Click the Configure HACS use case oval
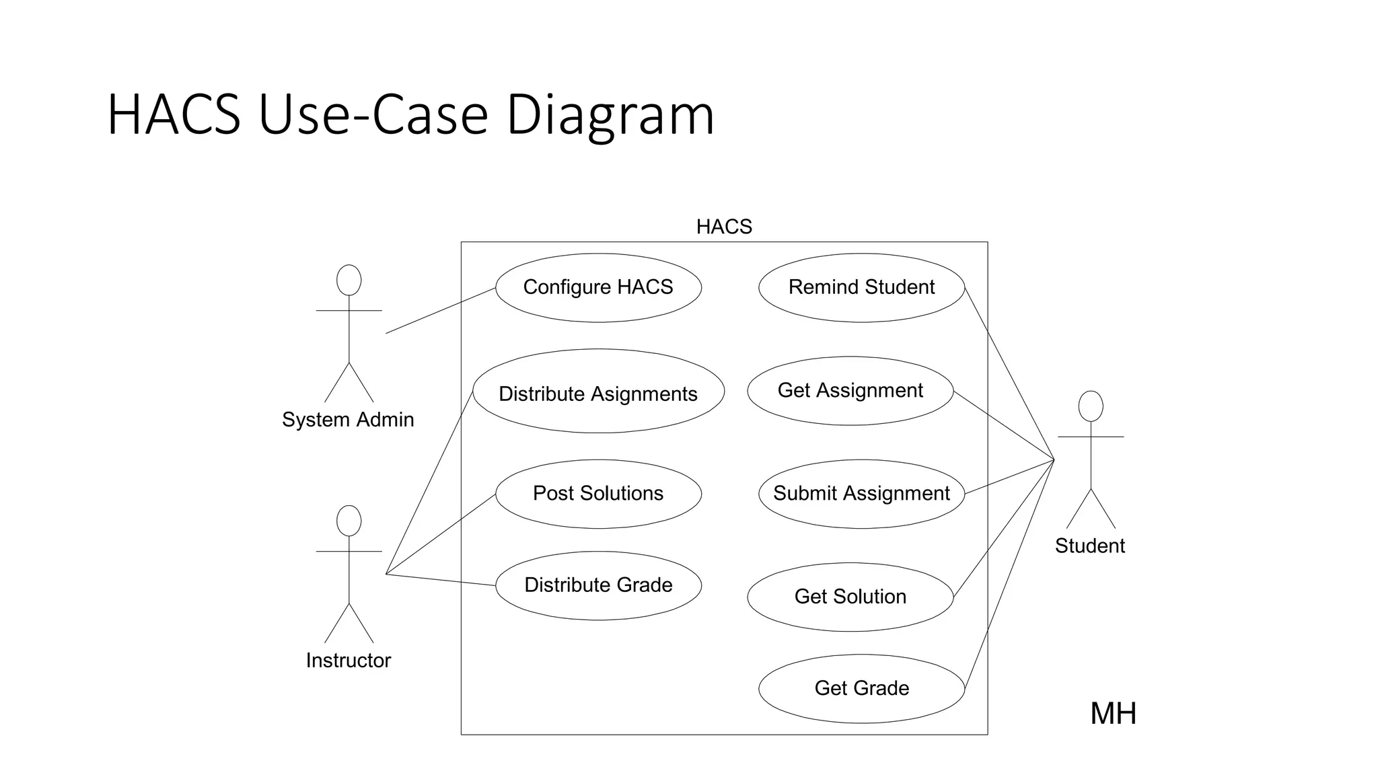tap(598, 287)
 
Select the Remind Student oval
tap(861, 287)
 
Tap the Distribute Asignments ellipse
tap(598, 391)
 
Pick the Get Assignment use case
tap(850, 391)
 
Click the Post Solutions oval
tap(598, 494)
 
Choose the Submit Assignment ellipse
tap(861, 494)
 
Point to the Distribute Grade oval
tap(598, 585)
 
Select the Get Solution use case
tap(850, 597)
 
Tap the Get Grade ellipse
tap(861, 688)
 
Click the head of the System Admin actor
tap(349, 280)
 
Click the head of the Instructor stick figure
tap(349, 521)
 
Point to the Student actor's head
tap(1090, 406)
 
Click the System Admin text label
tap(348, 420)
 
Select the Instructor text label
tap(348, 661)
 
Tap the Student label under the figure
tap(1089, 546)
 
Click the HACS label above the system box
tap(724, 227)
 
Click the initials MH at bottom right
tap(1113, 714)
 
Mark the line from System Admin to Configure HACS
tap(441, 310)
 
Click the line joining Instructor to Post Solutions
tap(441, 534)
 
